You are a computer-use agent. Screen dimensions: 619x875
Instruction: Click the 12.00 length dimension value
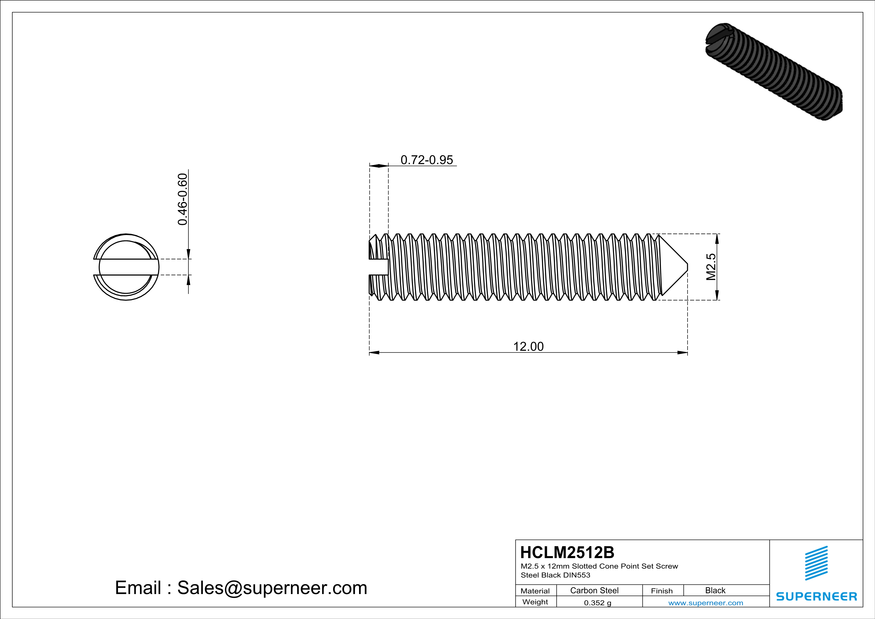point(528,346)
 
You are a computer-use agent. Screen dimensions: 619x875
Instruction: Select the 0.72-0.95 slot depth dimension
point(426,160)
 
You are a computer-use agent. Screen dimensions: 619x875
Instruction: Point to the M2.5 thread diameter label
point(711,267)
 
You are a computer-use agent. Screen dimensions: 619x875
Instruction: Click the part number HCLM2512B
point(567,552)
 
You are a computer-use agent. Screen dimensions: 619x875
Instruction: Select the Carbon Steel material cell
point(594,590)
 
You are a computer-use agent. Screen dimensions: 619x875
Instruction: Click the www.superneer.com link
point(705,603)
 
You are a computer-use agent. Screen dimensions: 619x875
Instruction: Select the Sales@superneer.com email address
point(272,587)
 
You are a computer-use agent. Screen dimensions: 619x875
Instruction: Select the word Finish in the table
point(662,591)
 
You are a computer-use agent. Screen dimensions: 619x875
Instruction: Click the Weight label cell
point(535,602)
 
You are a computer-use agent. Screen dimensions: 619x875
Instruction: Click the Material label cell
point(535,591)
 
